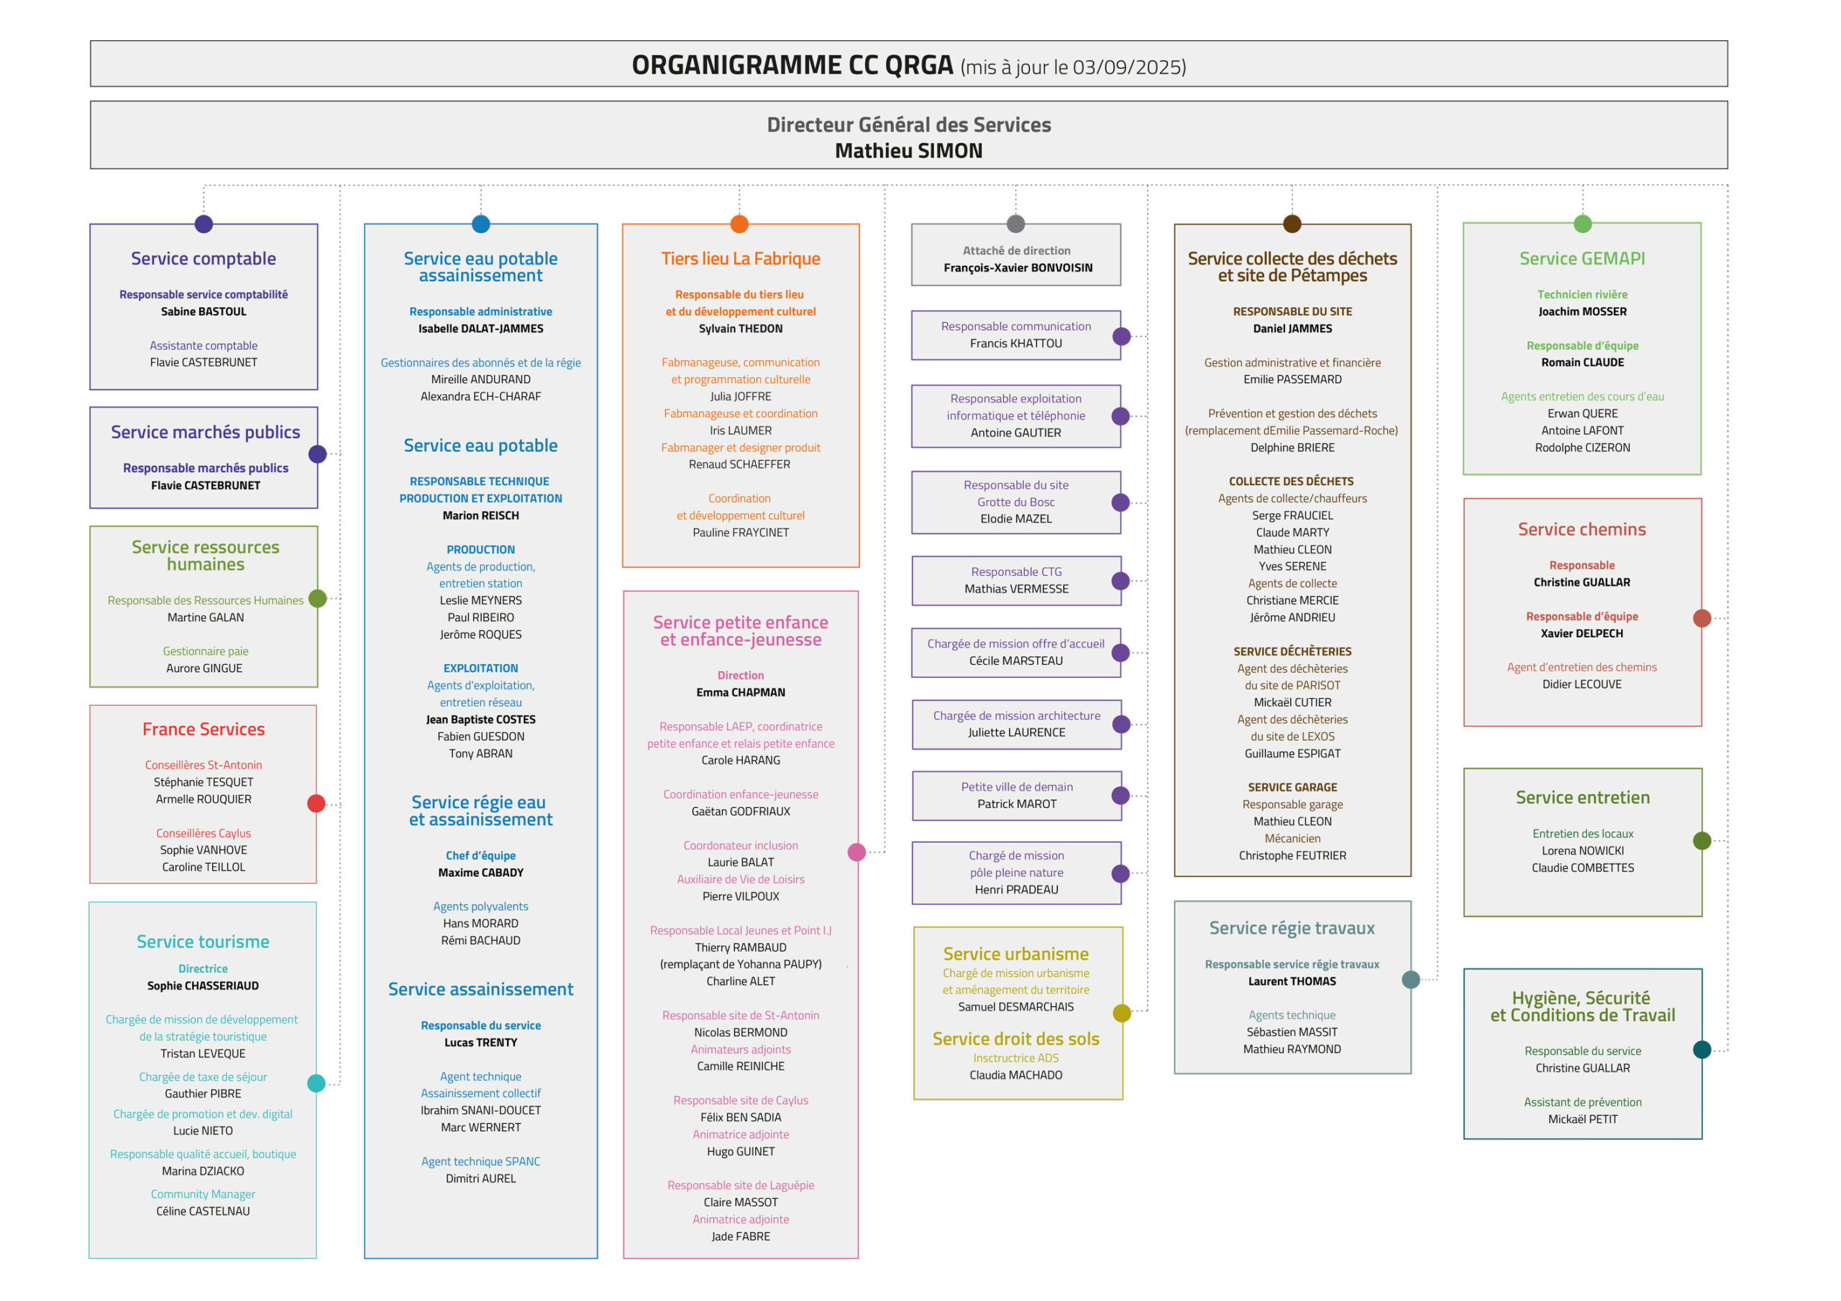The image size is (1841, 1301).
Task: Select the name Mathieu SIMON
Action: coord(908,152)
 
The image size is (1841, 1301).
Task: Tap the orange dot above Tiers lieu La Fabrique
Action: coord(739,224)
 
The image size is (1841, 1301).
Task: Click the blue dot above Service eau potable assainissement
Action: coord(481,224)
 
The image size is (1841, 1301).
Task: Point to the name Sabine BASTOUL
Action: coord(204,312)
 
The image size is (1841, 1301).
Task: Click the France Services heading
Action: coord(204,730)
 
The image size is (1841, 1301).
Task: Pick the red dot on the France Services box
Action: coord(316,804)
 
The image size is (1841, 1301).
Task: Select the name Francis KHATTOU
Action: coord(1016,344)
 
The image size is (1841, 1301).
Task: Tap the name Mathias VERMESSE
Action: coord(1016,589)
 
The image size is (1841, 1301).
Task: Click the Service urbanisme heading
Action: coord(1016,954)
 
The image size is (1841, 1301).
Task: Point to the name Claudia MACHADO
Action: coord(1016,1076)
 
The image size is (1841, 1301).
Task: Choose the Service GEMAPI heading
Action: coord(1582,259)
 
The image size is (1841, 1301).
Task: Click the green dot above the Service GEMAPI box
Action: coord(1583,224)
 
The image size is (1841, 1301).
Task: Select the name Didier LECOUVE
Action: coord(1582,684)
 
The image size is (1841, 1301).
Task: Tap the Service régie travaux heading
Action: coord(1292,928)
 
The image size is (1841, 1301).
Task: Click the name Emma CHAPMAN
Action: coord(741,693)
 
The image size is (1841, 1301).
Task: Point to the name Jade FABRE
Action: coord(741,1237)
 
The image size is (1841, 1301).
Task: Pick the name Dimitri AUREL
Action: coord(481,1179)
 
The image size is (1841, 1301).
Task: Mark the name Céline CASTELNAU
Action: coord(203,1212)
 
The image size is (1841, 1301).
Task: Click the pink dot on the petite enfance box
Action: coord(857,852)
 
